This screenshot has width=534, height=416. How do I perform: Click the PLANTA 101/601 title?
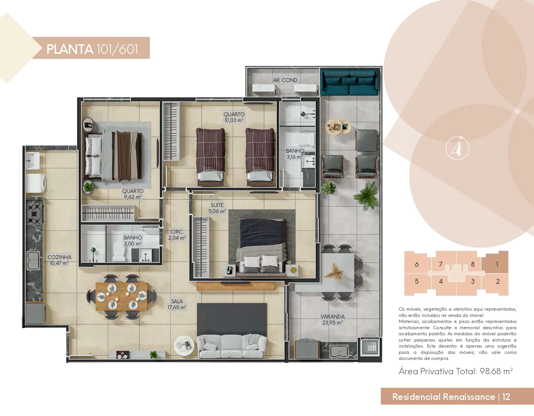point(92,49)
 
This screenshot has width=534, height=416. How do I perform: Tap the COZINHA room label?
point(59,257)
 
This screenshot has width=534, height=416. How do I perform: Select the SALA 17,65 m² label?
point(177,304)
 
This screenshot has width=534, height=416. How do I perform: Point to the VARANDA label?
point(332,317)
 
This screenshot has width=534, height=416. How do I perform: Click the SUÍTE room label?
point(217,205)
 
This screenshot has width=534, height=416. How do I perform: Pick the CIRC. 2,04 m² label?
point(177,235)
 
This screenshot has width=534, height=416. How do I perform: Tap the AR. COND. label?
point(286,80)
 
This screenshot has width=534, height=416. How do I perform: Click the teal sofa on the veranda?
point(349,82)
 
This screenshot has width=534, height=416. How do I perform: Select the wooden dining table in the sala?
point(122,297)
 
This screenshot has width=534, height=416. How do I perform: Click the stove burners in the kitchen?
point(34,214)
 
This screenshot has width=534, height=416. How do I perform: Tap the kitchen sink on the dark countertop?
point(33,261)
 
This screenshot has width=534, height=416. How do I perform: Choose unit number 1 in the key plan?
point(497,264)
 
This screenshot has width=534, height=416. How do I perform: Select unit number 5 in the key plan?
point(417,281)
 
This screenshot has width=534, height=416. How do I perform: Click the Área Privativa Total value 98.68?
point(490,371)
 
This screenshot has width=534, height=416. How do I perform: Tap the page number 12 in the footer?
point(506,397)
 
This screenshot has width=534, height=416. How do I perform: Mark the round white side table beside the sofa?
point(185,346)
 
